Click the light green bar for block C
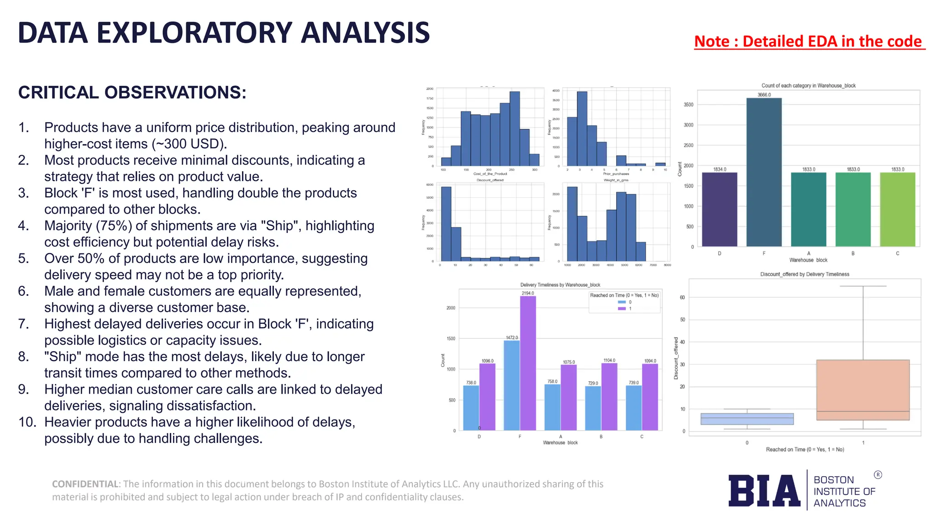click(x=897, y=210)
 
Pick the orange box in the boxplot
click(x=863, y=390)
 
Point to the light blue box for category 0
click(x=747, y=419)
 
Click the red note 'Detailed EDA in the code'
click(x=809, y=42)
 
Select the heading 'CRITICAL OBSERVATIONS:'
click(x=132, y=93)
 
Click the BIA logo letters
click(x=764, y=491)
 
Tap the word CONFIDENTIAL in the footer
click(x=85, y=484)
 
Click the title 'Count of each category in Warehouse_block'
click(x=808, y=85)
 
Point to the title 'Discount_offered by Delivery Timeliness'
click(x=804, y=274)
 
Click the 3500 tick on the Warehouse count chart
click(x=688, y=105)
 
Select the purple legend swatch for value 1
click(x=621, y=309)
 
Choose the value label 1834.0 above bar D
click(x=720, y=169)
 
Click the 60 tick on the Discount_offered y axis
click(x=682, y=297)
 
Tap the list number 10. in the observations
click(x=27, y=422)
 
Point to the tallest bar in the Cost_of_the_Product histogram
click(x=515, y=128)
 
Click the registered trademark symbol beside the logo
click(x=878, y=475)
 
